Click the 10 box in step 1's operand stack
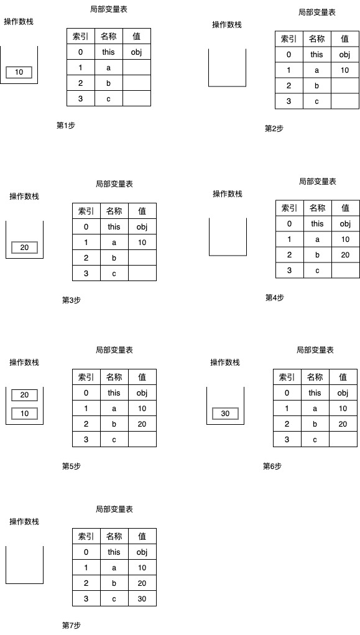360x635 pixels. click(x=19, y=73)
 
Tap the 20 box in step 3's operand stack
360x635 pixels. click(x=24, y=248)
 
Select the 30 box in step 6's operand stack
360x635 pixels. click(x=225, y=414)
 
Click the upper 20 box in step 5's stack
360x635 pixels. click(x=24, y=395)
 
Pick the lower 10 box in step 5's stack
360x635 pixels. click(x=24, y=414)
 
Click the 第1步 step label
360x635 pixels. click(x=66, y=126)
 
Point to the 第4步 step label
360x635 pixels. click(x=275, y=298)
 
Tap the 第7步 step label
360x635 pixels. click(x=72, y=625)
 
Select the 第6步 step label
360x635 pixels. click(x=272, y=466)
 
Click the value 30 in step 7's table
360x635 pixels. click(x=142, y=598)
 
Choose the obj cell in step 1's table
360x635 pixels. click(x=136, y=52)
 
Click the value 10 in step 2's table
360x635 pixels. click(x=344, y=70)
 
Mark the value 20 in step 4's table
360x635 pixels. click(x=345, y=255)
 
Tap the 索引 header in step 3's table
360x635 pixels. click(x=86, y=211)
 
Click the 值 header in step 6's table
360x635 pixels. click(x=343, y=377)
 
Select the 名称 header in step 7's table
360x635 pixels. click(x=114, y=536)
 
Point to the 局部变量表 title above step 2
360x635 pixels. click(x=317, y=12)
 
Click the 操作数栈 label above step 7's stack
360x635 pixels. click(x=24, y=522)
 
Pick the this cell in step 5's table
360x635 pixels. click(x=114, y=392)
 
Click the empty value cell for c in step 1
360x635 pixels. click(x=137, y=98)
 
